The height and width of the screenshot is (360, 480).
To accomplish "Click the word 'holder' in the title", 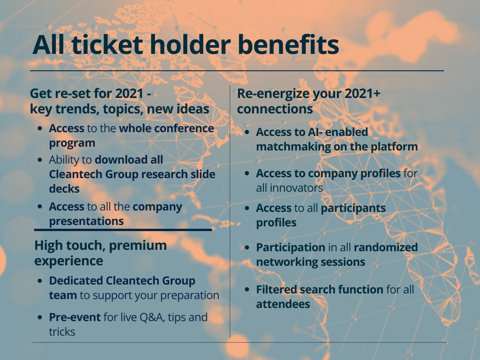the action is [x=190, y=45].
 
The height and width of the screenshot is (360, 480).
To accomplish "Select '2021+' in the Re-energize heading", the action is [x=362, y=93].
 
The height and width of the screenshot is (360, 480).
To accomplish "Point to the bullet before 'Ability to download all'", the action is [x=40, y=160].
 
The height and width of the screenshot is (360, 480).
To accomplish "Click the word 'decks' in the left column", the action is [x=64, y=189].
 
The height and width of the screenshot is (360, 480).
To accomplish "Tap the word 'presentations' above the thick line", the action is [x=86, y=221].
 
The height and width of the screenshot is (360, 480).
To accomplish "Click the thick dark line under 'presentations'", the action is [x=123, y=230].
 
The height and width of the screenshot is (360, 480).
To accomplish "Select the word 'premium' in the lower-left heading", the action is [x=138, y=246].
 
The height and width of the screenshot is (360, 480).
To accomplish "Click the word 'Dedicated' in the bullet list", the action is [x=76, y=281].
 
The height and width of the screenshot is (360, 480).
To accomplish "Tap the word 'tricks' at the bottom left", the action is [x=62, y=332].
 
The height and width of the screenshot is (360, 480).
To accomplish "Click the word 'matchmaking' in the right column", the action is [x=293, y=147].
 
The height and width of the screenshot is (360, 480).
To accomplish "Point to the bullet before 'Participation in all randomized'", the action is [x=247, y=247].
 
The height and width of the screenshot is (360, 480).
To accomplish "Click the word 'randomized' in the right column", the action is [x=386, y=247].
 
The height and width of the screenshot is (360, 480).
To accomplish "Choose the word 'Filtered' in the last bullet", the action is [x=277, y=290].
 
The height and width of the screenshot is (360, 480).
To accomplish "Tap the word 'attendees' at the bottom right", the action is [x=283, y=304].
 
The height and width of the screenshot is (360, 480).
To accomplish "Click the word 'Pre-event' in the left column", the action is [x=75, y=317].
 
